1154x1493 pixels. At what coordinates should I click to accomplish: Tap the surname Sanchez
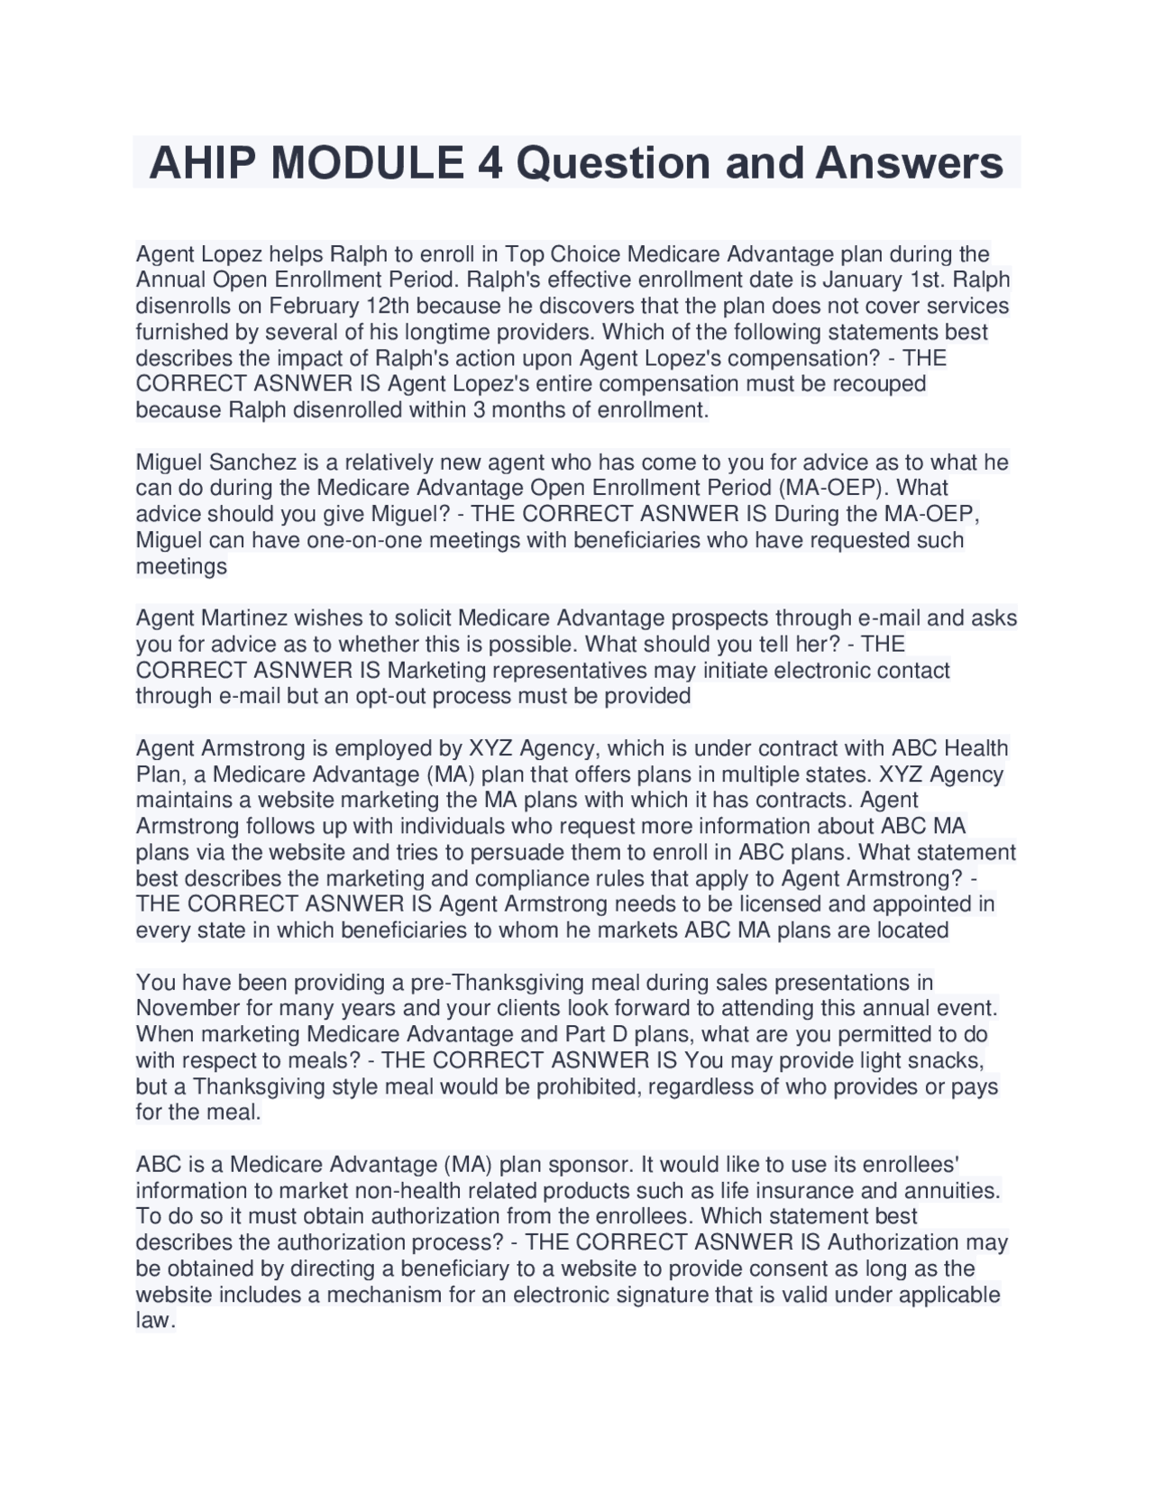[x=253, y=463]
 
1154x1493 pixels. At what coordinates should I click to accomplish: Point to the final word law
[x=153, y=1321]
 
